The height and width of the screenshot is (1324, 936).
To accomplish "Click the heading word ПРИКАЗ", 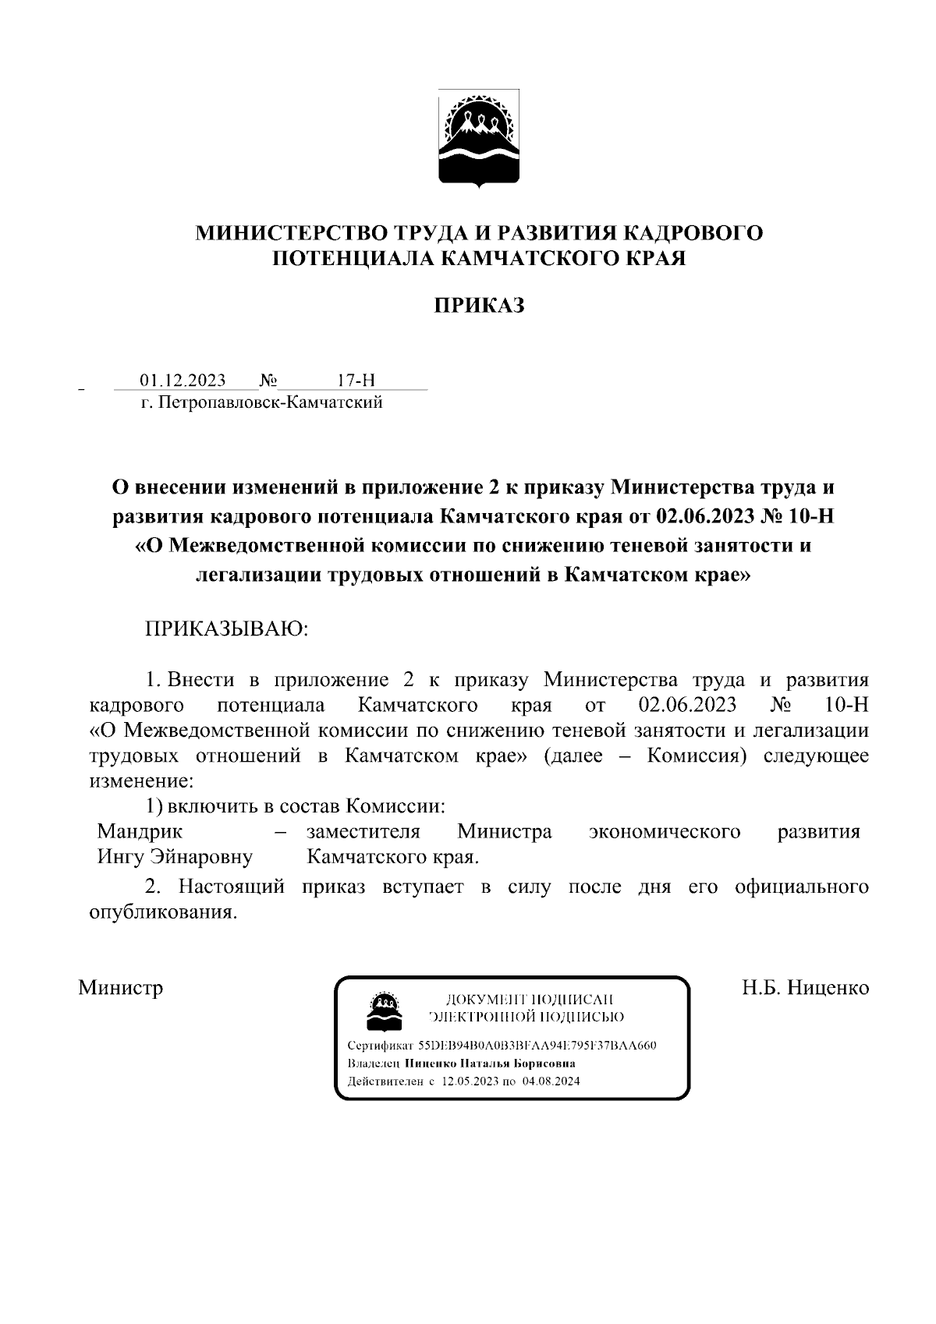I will click(x=478, y=306).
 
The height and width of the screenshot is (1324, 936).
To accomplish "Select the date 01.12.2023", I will click(x=183, y=381).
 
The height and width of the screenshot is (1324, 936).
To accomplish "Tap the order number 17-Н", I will click(x=356, y=381).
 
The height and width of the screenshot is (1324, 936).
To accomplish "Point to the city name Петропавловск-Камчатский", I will click(x=270, y=403).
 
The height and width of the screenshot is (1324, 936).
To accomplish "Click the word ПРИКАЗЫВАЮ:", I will click(x=227, y=628).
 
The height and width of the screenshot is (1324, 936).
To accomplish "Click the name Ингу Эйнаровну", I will click(x=175, y=857).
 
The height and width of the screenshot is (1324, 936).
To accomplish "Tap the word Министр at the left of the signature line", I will click(x=121, y=988).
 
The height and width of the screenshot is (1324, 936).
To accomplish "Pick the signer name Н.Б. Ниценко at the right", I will click(x=805, y=988).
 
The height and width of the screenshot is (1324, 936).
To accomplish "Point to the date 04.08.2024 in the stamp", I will click(x=551, y=1082).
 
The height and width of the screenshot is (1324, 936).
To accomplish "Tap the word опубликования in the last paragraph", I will click(x=162, y=912).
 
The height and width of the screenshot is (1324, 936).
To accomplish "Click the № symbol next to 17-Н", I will click(x=268, y=381).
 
